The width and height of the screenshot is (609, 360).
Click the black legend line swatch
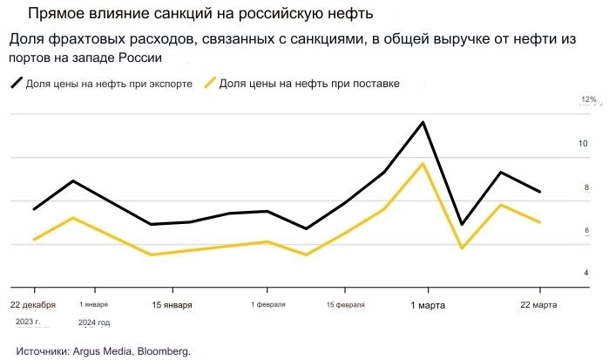(17, 84)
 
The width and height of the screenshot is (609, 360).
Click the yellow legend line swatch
(210, 84)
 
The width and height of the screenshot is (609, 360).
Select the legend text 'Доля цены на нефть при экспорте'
(109, 84)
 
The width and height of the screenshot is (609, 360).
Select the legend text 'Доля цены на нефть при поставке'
(309, 84)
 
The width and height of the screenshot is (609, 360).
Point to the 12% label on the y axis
(588, 100)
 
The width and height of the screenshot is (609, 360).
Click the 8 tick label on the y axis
(585, 187)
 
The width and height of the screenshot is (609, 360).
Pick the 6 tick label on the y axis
(585, 230)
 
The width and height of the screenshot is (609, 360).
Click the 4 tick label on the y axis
(585, 274)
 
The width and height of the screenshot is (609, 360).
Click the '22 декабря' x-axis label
(33, 305)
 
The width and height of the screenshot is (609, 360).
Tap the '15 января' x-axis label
(172, 305)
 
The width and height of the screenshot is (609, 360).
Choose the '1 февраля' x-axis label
(267, 305)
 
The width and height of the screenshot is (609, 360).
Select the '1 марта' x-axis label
(428, 305)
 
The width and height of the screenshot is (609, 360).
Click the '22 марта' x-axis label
(539, 305)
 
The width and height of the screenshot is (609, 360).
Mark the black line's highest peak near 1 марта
(423, 122)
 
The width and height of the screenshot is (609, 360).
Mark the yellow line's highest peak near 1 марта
(423, 164)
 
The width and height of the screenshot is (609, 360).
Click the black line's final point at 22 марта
(540, 192)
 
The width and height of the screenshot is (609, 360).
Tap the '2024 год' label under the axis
(94, 323)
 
